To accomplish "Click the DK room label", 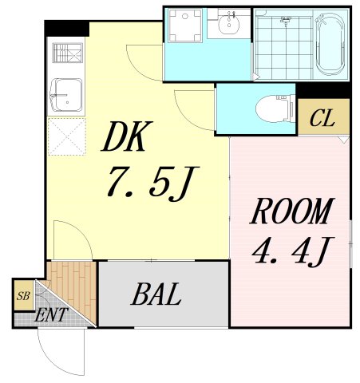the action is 127,136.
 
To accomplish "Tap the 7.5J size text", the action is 152,183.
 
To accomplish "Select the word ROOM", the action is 291,211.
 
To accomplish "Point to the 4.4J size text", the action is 293,251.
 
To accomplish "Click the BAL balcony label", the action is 156,294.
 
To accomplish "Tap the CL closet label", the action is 322,118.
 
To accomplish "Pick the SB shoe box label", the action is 23,296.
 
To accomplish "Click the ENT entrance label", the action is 51,315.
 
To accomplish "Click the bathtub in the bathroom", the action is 330,44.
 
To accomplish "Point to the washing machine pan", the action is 185,26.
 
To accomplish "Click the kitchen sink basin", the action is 66,95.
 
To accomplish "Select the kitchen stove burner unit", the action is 68,53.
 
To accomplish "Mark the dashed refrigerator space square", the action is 67,136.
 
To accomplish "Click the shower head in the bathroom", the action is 286,20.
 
